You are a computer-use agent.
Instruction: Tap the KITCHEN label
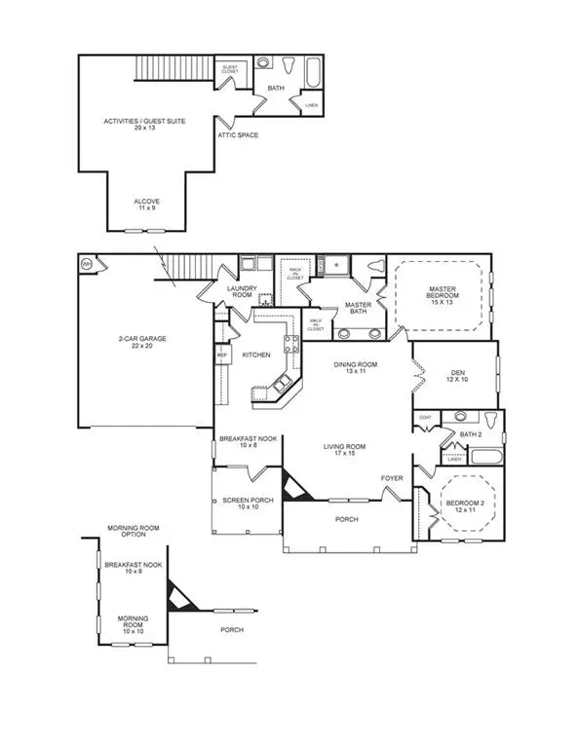click(x=255, y=355)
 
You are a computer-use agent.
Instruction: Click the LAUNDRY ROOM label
click(x=240, y=292)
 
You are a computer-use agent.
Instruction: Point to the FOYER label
click(x=391, y=478)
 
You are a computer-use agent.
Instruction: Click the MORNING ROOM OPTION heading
click(x=133, y=532)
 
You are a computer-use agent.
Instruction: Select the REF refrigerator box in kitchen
click(x=222, y=356)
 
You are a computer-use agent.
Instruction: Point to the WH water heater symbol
click(x=86, y=264)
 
